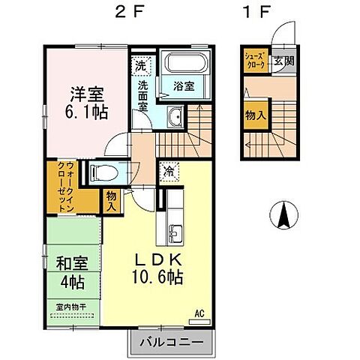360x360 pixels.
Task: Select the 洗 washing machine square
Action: point(140,66)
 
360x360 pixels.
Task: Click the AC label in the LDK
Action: point(199,313)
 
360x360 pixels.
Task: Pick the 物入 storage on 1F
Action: point(254,115)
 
